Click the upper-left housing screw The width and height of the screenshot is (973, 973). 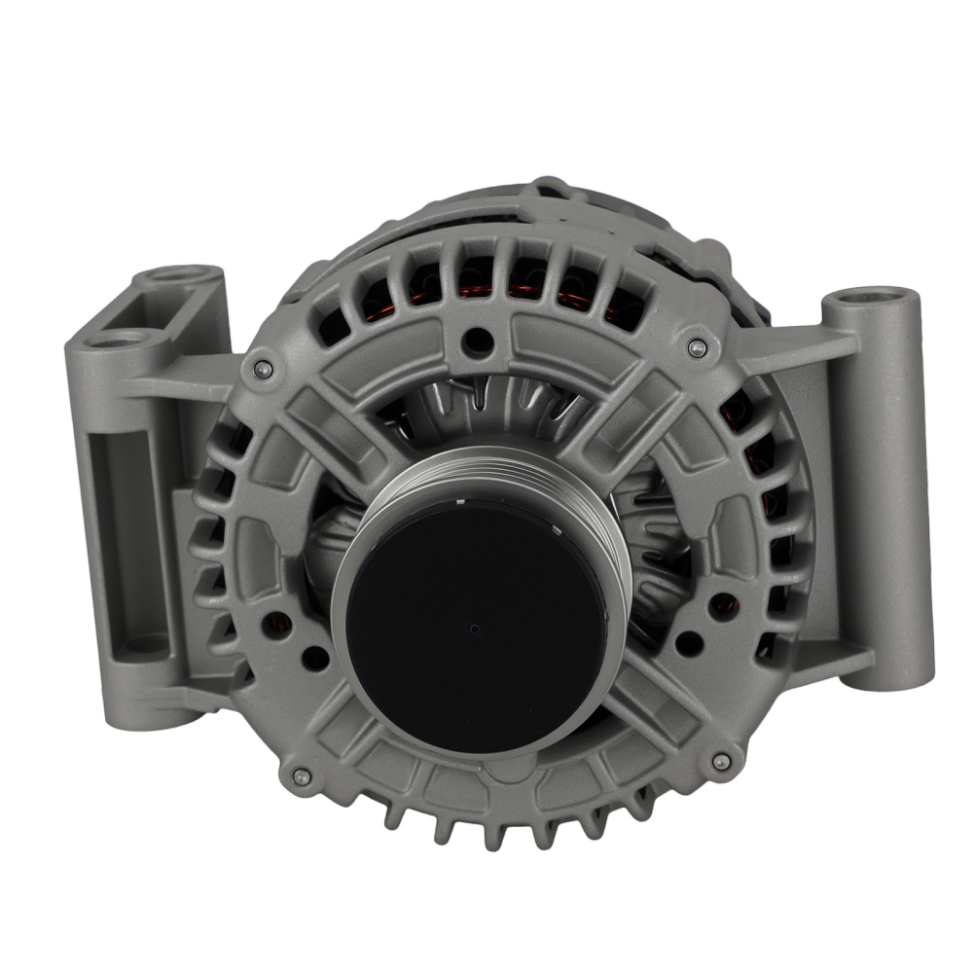pos(260,368)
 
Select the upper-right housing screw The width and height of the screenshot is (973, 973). pos(696,347)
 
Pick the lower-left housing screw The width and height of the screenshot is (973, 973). pos(301,775)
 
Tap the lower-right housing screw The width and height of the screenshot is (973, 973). pos(721,762)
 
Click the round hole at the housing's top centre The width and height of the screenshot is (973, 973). pos(476,340)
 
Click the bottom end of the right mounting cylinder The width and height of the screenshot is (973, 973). pos(881,671)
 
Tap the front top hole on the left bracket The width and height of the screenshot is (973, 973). pos(116,340)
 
